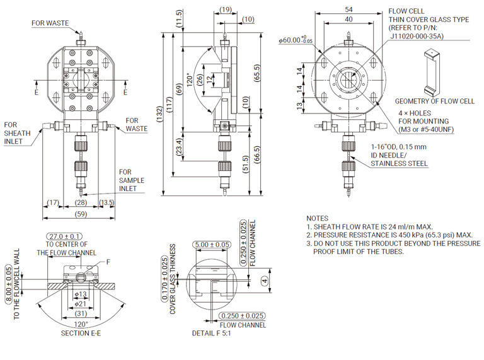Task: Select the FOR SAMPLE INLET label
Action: coord(132,180)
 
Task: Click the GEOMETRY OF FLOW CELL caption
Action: coord(435,101)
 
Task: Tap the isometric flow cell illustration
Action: coord(434,71)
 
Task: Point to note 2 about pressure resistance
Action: coord(389,235)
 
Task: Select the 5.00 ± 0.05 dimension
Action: coord(212,244)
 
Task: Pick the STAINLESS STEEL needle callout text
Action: coord(399,163)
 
